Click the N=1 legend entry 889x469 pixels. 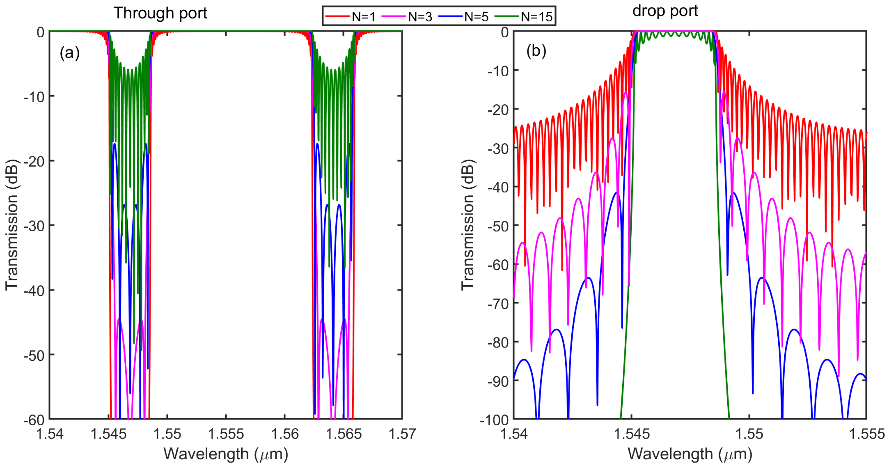coord(351,16)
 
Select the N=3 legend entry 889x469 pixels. coord(407,16)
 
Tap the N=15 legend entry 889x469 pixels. coord(524,16)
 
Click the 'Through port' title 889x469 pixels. coord(160,13)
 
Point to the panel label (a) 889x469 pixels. coord(70,53)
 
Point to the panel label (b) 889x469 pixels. coord(536,51)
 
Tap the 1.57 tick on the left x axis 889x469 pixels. coord(402,434)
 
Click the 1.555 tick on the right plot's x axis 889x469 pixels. coord(866,434)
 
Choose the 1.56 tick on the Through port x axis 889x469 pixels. coord(285,434)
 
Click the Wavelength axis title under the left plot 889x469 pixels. coord(226,454)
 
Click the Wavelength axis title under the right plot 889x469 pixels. coord(690,454)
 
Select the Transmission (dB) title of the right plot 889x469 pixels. coord(468,225)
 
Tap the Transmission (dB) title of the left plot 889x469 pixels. coord(12,225)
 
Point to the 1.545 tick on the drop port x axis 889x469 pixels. coord(632,434)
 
